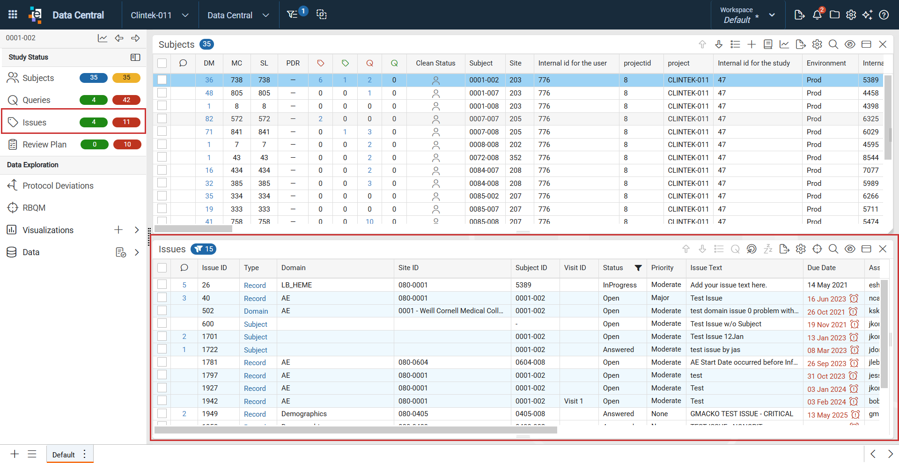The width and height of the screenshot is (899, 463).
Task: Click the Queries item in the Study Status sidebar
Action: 36,100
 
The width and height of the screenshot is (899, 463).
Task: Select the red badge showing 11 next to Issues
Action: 126,122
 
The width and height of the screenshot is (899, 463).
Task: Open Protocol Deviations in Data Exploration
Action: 58,186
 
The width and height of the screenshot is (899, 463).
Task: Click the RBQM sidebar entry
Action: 34,208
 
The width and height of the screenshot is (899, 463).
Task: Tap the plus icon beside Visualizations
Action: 118,230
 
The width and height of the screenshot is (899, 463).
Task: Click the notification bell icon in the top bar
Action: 817,15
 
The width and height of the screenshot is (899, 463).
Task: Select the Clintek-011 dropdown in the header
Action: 160,15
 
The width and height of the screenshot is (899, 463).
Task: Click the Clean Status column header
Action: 435,63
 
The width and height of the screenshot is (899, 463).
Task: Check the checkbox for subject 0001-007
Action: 162,93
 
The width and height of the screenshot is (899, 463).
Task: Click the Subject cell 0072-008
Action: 484,158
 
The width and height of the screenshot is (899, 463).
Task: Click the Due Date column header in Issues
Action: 821,268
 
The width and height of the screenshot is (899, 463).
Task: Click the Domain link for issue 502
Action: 256,311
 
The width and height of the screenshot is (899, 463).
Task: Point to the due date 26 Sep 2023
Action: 826,363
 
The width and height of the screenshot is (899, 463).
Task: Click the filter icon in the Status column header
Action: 638,268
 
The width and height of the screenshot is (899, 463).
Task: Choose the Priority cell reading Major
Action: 660,298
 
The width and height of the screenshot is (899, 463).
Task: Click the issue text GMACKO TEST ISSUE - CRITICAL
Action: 742,414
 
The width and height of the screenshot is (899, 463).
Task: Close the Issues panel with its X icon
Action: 883,249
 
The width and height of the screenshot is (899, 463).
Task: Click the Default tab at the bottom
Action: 64,455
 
